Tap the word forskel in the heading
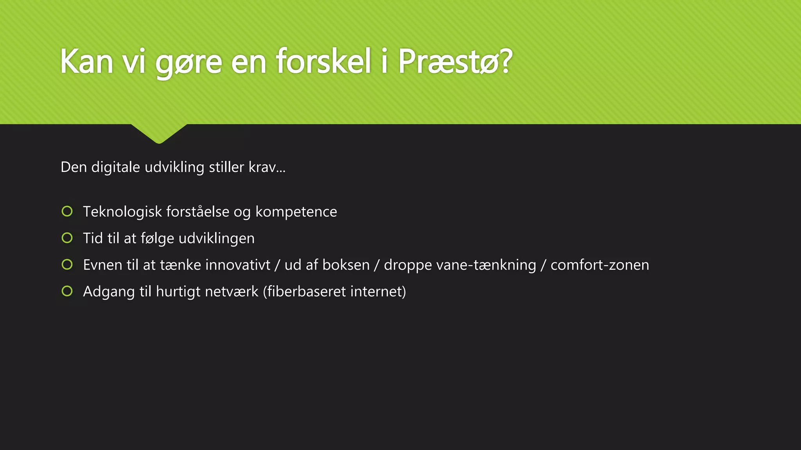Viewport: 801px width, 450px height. coord(323,61)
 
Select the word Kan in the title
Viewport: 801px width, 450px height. coord(87,61)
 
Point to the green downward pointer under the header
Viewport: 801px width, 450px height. coord(159,133)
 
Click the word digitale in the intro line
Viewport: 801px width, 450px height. coord(115,167)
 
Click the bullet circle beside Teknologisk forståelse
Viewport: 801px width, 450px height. coord(67,211)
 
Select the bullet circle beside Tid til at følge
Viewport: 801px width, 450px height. coord(67,238)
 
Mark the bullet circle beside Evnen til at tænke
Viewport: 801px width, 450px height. coord(67,265)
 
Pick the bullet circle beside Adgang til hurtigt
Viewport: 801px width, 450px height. coord(67,291)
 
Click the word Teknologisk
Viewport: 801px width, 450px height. coord(122,212)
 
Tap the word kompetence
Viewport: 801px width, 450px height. coord(296,212)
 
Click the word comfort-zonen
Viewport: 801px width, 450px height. coord(600,265)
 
